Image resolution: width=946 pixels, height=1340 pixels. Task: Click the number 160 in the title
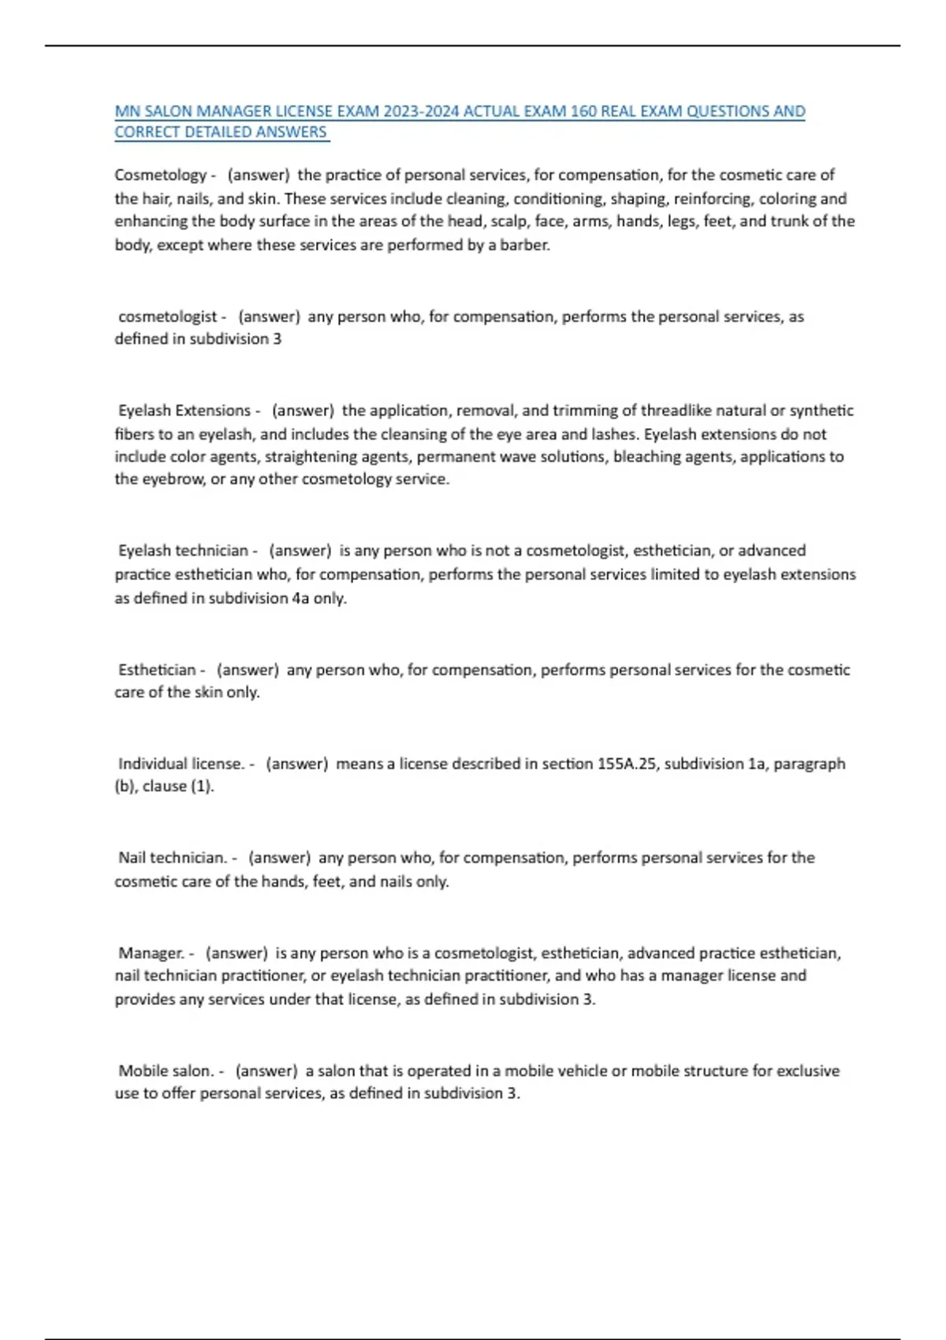tap(583, 111)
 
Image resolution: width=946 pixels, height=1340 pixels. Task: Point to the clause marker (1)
tap(202, 786)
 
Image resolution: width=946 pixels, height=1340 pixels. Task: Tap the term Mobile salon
tap(166, 1070)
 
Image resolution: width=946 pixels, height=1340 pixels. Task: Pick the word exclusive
tap(808, 1070)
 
